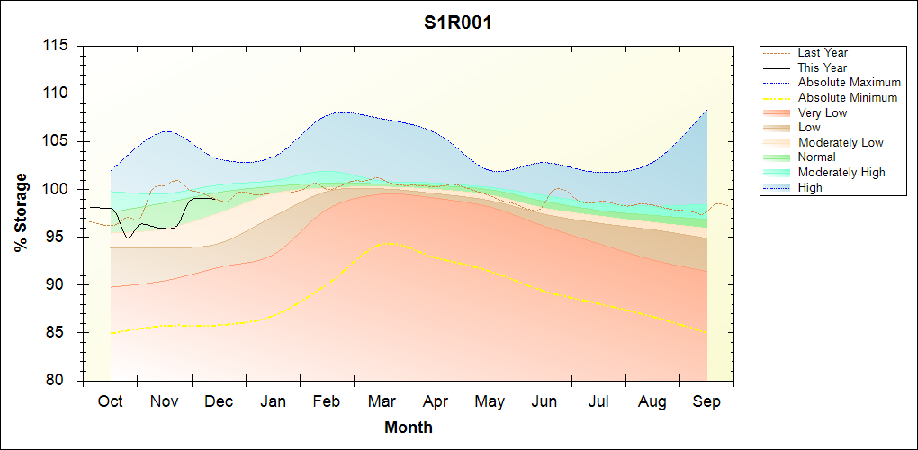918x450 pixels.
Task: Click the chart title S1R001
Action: coord(458,23)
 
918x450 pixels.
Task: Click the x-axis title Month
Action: coord(409,427)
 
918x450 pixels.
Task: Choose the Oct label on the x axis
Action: coord(110,401)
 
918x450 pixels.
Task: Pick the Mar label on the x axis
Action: coord(381,401)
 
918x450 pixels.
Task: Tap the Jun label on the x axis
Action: coord(544,401)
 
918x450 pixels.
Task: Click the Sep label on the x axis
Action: coord(706,401)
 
